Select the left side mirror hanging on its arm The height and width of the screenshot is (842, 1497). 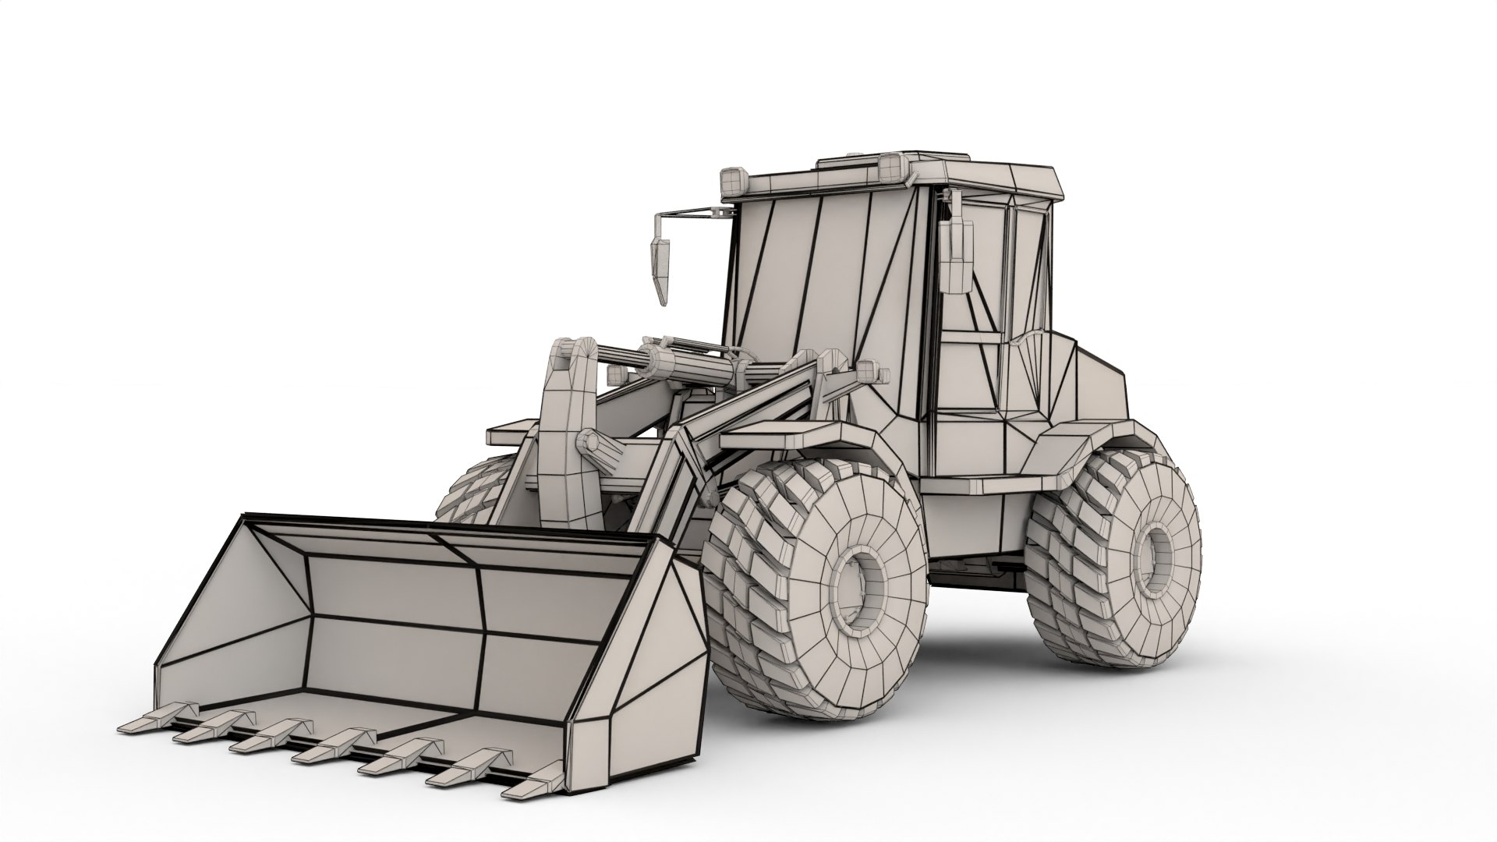(660, 262)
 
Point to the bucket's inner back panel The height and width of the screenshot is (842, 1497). (398, 616)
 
